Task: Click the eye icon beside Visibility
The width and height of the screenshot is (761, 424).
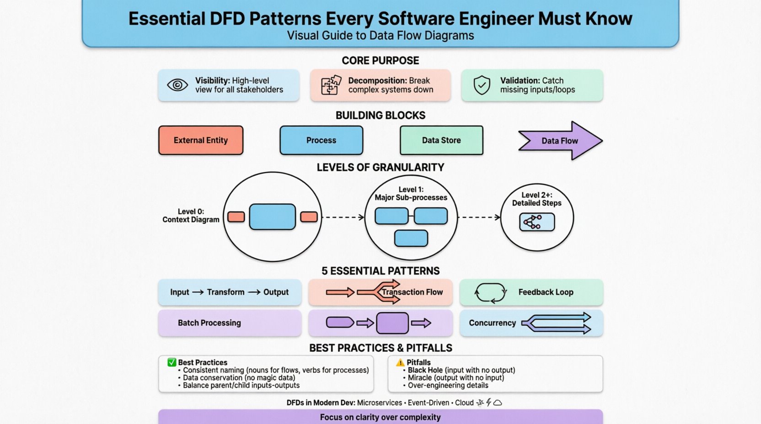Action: click(177, 85)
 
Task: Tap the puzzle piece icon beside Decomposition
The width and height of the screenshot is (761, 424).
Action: click(331, 85)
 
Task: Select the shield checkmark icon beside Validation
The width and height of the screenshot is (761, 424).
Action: click(482, 85)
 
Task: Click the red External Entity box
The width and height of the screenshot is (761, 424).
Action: click(201, 140)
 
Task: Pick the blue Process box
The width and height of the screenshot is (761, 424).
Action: click(321, 140)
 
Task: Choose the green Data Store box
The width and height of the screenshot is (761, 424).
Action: click(441, 140)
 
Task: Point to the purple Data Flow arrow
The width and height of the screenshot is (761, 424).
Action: click(560, 141)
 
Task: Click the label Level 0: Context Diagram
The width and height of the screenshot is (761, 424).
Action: click(191, 216)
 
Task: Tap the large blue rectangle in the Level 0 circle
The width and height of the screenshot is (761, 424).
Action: click(272, 217)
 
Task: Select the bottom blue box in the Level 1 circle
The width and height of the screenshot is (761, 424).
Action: click(411, 238)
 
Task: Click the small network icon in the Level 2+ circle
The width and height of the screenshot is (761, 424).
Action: click(533, 223)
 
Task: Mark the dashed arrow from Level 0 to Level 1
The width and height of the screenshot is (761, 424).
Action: click(343, 217)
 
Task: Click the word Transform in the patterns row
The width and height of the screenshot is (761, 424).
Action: click(225, 292)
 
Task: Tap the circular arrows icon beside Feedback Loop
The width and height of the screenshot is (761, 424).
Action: click(490, 292)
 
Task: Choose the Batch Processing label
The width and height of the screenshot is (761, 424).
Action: click(209, 323)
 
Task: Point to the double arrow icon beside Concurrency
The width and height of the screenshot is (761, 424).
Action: click(556, 323)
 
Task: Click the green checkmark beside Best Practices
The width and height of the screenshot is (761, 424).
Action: click(172, 362)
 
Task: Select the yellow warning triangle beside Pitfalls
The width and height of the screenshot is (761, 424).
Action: click(400, 362)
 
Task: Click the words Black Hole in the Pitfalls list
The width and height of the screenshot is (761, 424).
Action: click(425, 370)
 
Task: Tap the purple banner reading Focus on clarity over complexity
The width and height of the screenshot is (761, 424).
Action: click(380, 417)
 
